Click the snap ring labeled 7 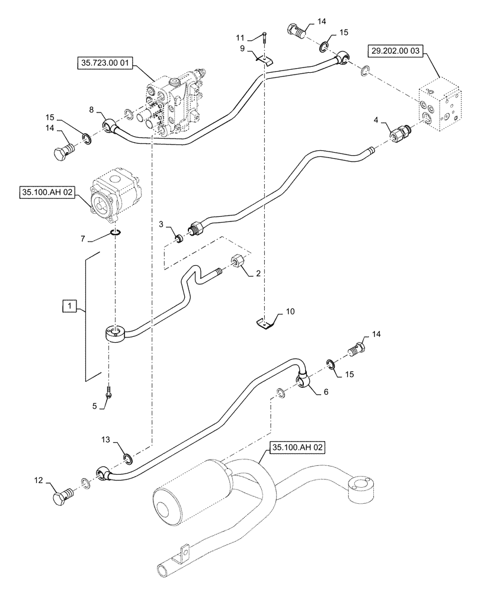click(x=116, y=231)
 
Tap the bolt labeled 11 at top click(x=263, y=38)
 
